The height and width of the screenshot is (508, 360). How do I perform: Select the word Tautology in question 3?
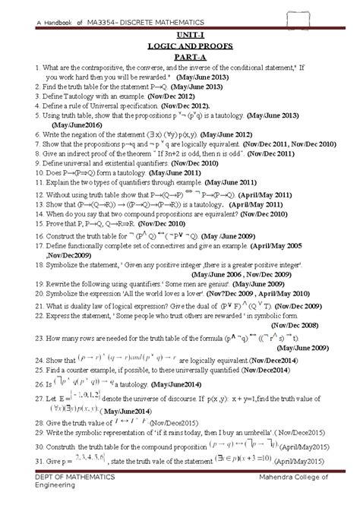point(75,98)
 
